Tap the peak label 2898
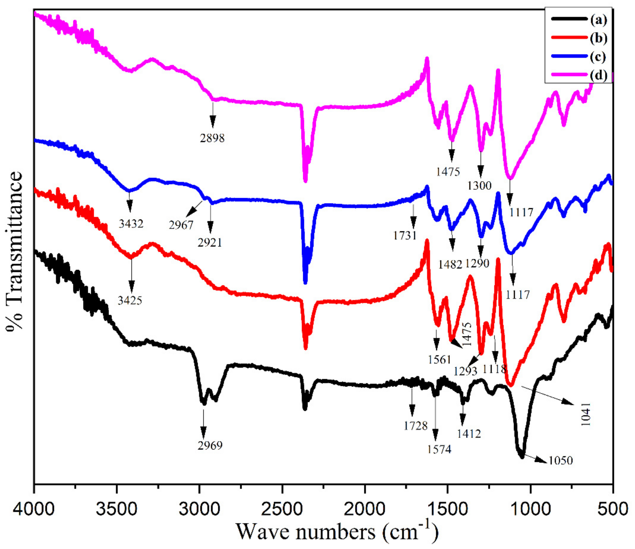click(212, 138)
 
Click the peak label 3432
click(131, 224)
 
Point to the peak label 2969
click(210, 445)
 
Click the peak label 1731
click(405, 235)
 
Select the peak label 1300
click(480, 185)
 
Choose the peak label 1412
click(469, 433)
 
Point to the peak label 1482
click(450, 264)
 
